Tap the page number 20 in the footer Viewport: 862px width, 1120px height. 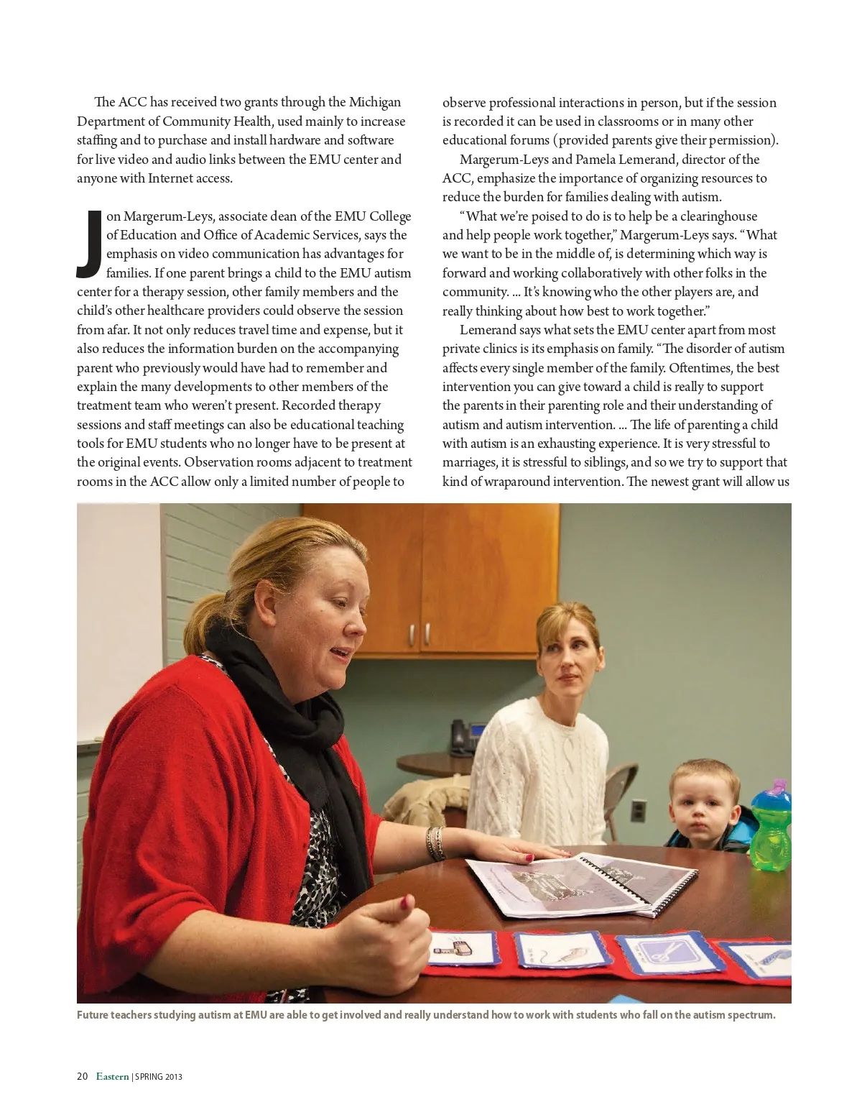[x=83, y=1076]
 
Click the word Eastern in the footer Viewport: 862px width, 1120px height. [x=113, y=1076]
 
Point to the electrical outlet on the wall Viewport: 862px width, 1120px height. [x=637, y=810]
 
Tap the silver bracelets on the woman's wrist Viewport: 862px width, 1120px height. [x=435, y=842]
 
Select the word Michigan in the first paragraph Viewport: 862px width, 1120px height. [x=374, y=102]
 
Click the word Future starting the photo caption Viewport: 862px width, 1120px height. [x=95, y=1016]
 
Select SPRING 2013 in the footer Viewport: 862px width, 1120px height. [x=159, y=1077]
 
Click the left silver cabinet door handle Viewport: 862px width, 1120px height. [x=412, y=635]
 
